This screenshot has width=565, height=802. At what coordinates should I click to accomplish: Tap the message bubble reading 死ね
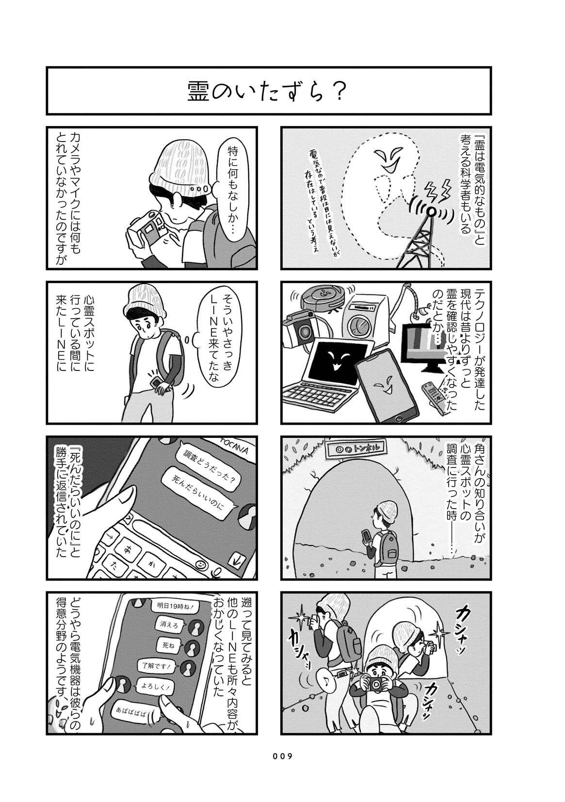click(168, 646)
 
